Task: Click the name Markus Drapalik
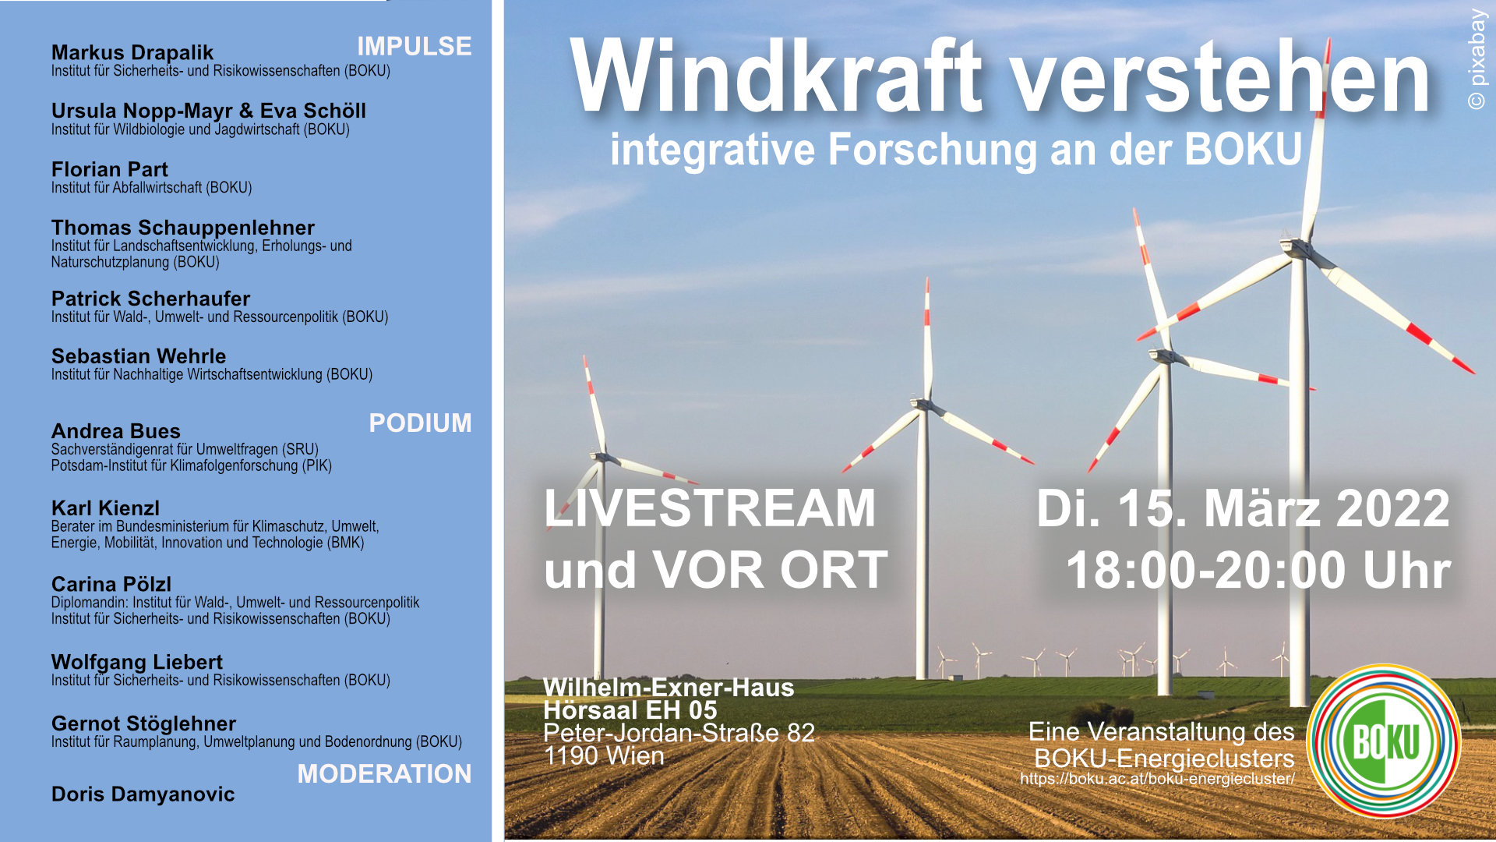point(132,52)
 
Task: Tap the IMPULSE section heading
point(414,47)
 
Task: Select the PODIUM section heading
point(419,423)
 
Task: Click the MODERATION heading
point(383,773)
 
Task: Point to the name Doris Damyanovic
point(143,794)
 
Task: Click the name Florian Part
point(109,169)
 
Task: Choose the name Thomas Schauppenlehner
point(182,228)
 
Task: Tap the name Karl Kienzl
point(105,508)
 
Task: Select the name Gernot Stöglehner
point(143,723)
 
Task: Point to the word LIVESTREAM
point(710,508)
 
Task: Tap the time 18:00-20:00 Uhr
point(1258,571)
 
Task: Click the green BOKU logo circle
point(1384,741)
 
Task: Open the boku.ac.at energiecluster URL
point(1157,779)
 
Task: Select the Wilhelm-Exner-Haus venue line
point(669,688)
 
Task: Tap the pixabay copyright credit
point(1477,58)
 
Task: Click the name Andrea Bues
point(115,431)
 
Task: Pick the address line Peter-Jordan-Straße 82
point(679,733)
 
